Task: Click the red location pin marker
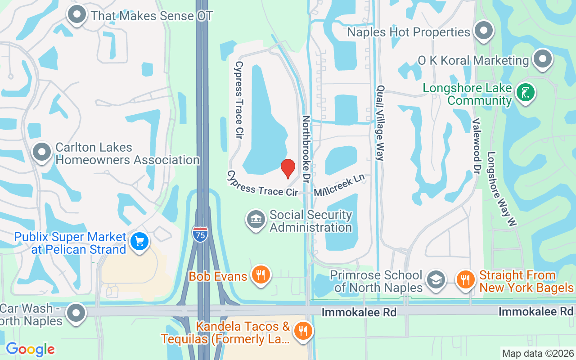288,168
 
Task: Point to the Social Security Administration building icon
256,220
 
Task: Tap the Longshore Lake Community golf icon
526,92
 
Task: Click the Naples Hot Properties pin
484,31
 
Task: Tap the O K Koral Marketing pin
542,59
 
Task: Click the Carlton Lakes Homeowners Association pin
42,152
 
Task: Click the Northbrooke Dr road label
307,148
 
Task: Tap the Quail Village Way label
381,123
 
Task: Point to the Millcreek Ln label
339,185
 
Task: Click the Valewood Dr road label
476,146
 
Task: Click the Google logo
30,349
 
